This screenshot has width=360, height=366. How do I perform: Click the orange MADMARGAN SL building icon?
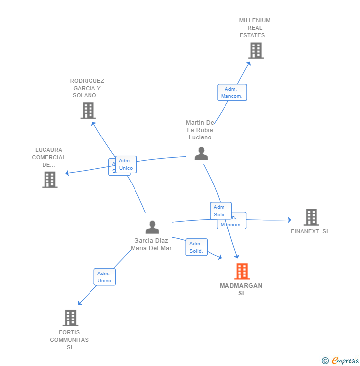242,272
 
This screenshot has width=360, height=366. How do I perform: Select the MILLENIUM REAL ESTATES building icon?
256,50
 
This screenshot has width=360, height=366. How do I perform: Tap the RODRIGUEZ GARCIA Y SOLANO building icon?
88,111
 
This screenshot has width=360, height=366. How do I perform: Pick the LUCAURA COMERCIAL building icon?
50,180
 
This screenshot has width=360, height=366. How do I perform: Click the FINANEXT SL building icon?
311,217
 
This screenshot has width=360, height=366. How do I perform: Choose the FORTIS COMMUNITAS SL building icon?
71,318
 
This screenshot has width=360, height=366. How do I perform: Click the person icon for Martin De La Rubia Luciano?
201,154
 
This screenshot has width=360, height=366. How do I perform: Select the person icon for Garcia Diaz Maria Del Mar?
152,227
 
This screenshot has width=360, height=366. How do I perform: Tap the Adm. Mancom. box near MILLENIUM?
232,92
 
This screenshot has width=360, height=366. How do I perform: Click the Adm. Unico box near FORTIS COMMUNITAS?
104,277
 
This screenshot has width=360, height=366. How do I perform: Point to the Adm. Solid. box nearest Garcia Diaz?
196,247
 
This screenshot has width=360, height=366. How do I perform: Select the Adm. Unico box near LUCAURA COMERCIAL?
126,164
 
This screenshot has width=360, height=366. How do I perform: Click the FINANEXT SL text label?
310,231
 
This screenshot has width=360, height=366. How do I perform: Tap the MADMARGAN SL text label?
241,289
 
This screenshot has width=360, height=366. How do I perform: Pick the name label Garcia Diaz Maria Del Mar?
151,244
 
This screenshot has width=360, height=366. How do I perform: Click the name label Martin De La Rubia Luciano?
200,130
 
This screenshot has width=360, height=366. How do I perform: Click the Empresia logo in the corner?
340,361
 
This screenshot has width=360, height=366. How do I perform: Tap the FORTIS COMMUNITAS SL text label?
70,340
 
